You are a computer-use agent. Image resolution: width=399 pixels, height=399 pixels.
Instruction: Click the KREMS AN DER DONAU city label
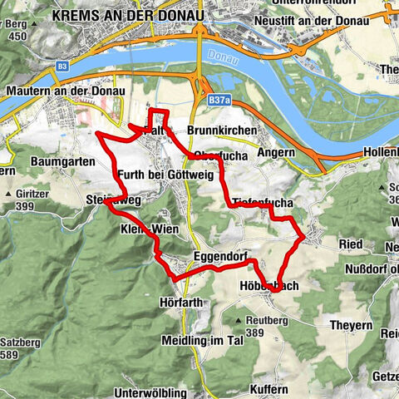click(126, 15)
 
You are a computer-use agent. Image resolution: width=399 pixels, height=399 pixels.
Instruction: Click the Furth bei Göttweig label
click(165, 176)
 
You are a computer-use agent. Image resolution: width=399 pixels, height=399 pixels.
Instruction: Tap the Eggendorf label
click(221, 257)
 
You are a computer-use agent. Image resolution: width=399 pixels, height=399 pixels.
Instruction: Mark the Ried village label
click(352, 244)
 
